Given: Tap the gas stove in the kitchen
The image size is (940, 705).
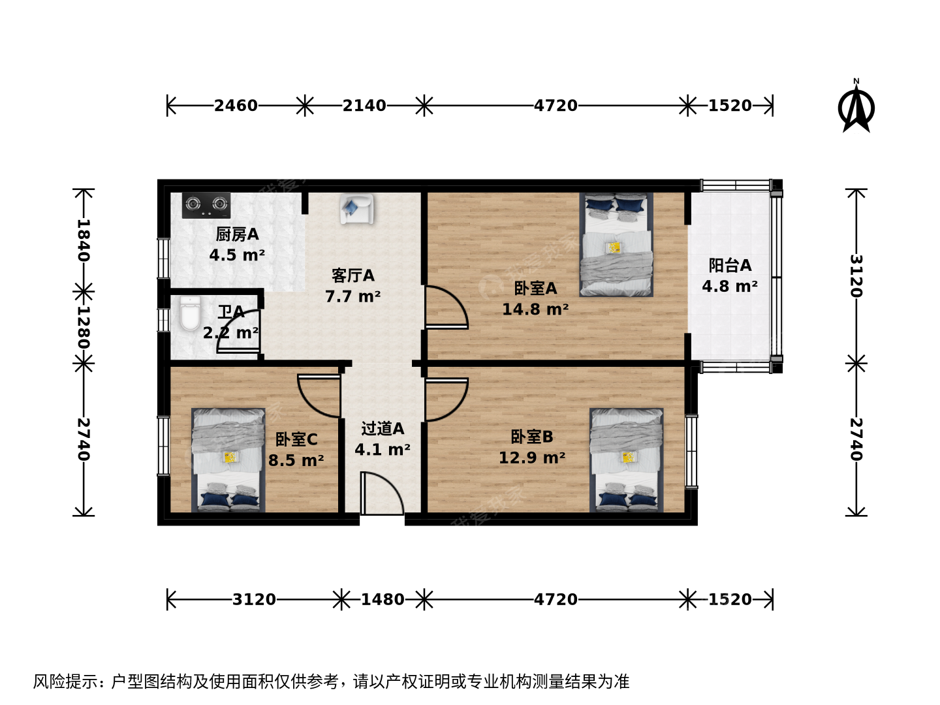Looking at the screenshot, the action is click(206, 205).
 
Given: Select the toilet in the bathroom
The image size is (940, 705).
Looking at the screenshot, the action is click(190, 314).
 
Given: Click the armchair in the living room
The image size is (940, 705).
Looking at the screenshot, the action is click(356, 208).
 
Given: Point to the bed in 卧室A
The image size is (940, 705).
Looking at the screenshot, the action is click(616, 244).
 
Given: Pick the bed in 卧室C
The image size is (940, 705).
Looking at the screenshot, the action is click(228, 460).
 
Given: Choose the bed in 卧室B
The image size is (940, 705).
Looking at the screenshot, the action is click(627, 460).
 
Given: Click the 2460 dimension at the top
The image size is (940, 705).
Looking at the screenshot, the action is click(236, 105).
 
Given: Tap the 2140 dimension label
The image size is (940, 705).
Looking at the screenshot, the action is click(364, 105).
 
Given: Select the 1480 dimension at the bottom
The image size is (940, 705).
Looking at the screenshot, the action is click(383, 600).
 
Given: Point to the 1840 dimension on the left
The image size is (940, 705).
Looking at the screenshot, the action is click(83, 241).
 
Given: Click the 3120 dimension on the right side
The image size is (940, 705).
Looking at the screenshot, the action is click(856, 276).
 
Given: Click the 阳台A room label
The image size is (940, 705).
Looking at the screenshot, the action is click(730, 266).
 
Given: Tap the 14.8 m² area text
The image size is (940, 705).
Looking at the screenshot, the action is click(535, 309).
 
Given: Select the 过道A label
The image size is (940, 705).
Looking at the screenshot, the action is click(383, 428).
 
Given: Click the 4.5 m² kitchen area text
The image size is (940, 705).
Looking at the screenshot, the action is click(237, 255).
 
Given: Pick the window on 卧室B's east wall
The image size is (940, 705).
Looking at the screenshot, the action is click(691, 452).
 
